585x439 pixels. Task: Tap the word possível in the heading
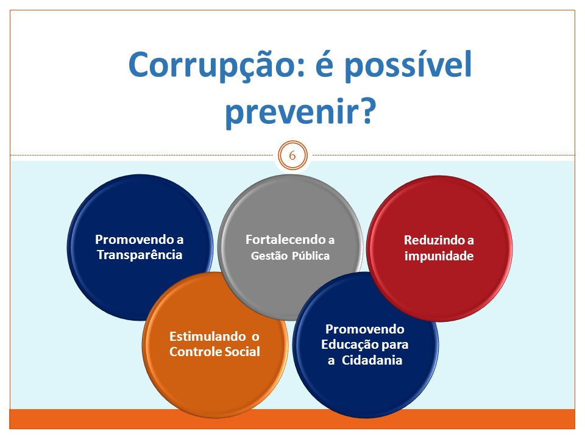(408, 65)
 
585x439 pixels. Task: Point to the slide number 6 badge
(292, 155)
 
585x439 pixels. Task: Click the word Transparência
(140, 255)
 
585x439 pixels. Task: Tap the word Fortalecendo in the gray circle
(285, 239)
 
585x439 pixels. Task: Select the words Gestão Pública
(290, 255)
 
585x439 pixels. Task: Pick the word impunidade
(439, 256)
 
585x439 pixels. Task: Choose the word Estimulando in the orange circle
(207, 337)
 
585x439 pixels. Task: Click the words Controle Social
(214, 352)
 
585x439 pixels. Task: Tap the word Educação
(346, 345)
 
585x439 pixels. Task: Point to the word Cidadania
(372, 360)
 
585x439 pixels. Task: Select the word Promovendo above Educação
(365, 329)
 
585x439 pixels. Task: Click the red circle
(439, 248)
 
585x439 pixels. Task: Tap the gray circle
(290, 247)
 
